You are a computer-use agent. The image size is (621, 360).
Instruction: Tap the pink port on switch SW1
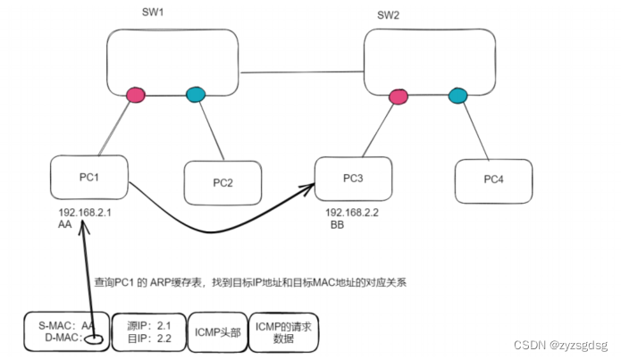coord(136,94)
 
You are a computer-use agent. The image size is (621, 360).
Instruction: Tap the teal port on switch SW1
coord(195,94)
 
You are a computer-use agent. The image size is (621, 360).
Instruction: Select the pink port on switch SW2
coord(397,94)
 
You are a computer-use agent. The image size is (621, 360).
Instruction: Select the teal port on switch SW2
coord(458,94)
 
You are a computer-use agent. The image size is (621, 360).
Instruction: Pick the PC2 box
coord(222,182)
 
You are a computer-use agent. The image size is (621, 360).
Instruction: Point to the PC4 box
coord(493,180)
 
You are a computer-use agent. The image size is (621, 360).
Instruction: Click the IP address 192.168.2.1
coord(84,214)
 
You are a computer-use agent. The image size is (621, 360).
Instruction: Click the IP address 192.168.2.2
coord(351,214)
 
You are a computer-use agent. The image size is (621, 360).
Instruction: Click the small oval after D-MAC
coord(92,338)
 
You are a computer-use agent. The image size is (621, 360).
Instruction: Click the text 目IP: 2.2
coord(149,339)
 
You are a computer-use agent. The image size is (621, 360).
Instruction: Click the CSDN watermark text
coord(564,345)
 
